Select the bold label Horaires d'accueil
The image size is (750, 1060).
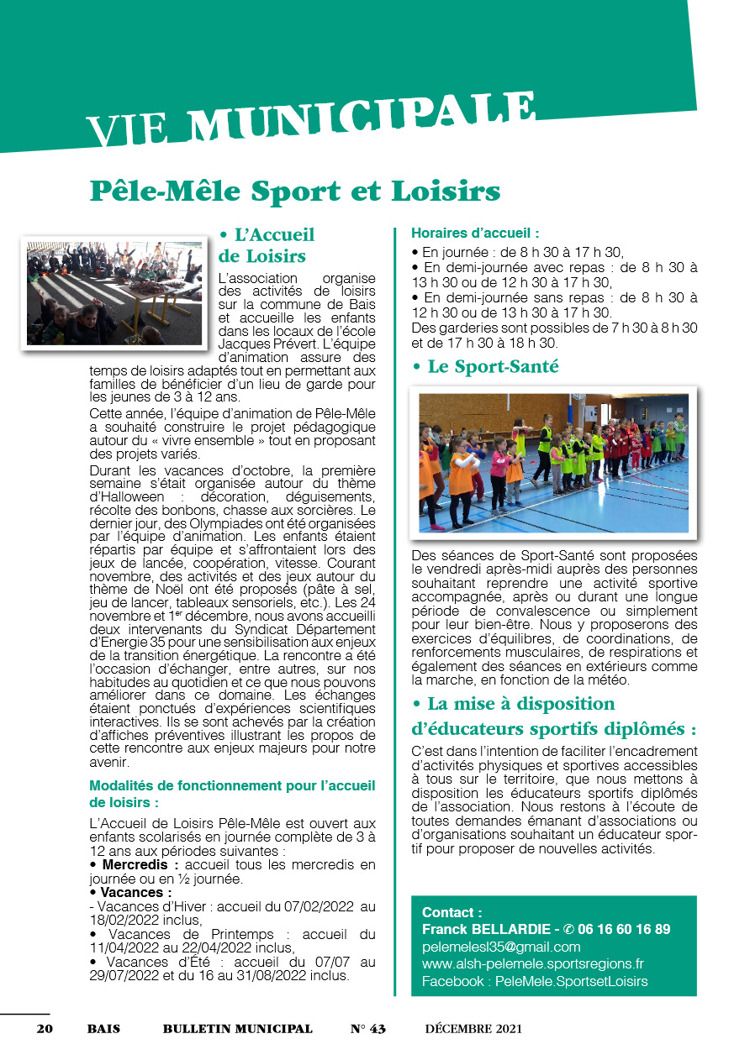[474, 233]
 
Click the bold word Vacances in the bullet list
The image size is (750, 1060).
[135, 892]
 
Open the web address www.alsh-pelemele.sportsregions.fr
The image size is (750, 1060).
[533, 963]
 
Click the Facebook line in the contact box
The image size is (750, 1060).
[535, 981]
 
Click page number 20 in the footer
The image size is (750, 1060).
[45, 1029]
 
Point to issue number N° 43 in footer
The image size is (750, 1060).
[367, 1029]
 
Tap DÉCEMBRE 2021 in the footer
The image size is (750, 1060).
[473, 1029]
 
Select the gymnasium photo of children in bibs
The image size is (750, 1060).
[553, 461]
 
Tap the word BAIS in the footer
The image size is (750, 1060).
[103, 1029]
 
